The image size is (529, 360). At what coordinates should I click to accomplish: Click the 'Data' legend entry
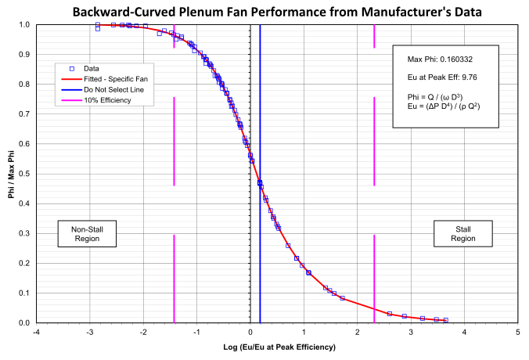point(91,68)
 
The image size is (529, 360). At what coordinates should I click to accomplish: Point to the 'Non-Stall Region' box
point(88,233)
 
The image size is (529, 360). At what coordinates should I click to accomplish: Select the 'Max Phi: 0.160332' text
point(440,59)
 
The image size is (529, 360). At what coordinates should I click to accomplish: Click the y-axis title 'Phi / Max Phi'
point(11,174)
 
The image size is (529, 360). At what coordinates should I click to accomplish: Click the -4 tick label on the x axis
point(36,332)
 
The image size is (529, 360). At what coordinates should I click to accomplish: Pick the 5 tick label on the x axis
point(517,332)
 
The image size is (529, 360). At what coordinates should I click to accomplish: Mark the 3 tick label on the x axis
point(411,332)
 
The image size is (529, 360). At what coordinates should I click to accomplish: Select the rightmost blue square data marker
point(446,320)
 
